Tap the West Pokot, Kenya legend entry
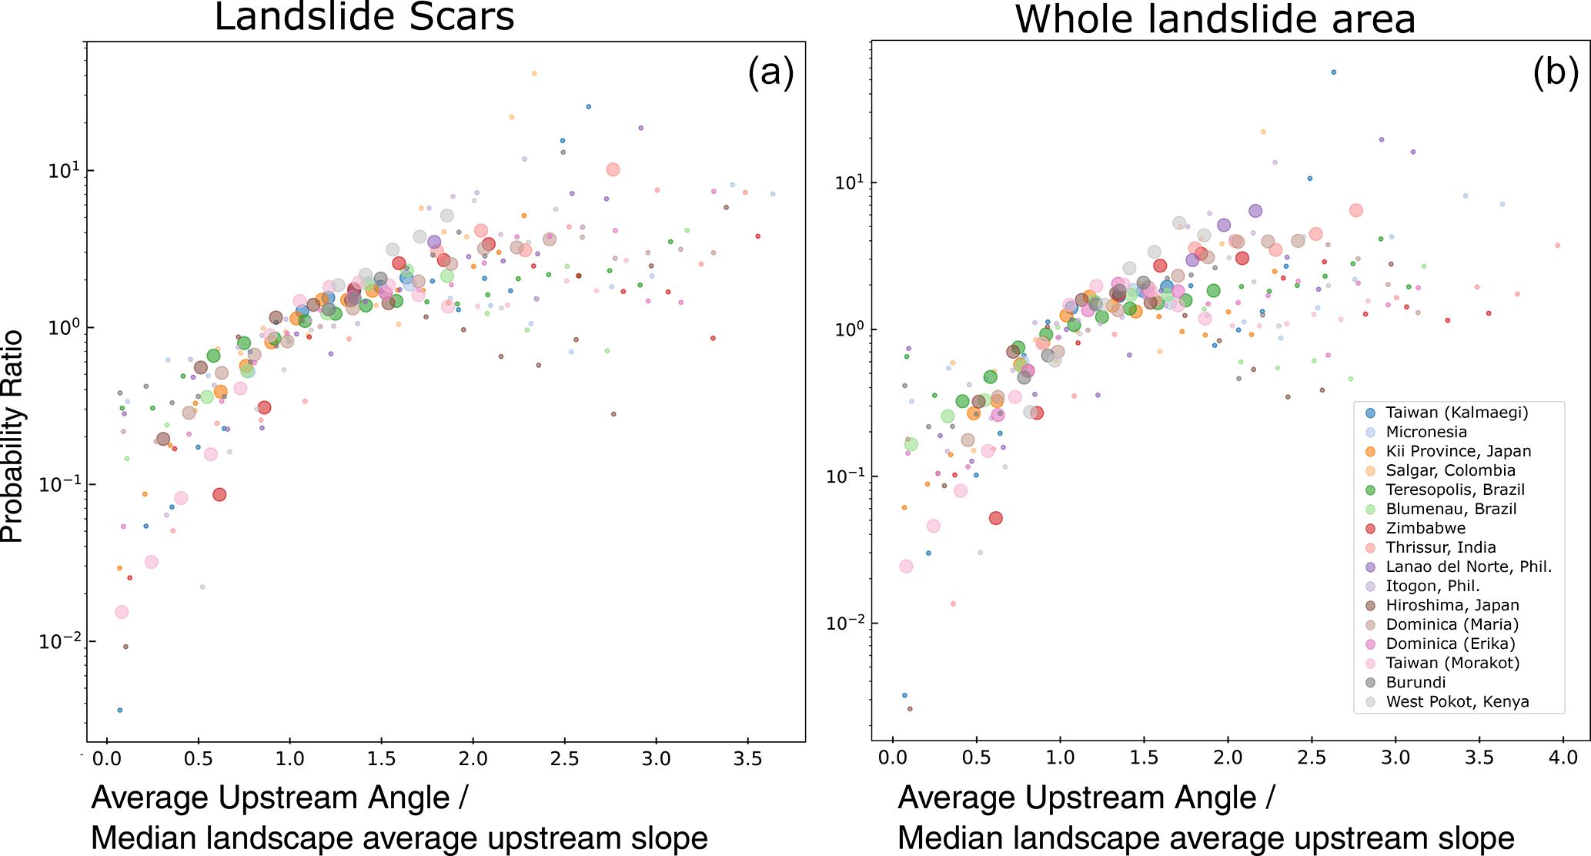tap(1457, 701)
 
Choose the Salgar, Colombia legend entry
tap(1450, 470)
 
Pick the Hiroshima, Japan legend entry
tap(1452, 605)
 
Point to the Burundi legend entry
tap(1416, 682)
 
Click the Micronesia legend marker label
tap(1426, 432)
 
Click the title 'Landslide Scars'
tap(364, 17)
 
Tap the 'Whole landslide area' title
tap(1215, 18)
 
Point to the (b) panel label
tap(1556, 73)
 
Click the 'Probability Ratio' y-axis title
tap(13, 436)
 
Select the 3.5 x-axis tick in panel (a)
tap(747, 760)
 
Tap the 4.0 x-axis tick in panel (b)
tap(1563, 757)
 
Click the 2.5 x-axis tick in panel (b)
tap(1312, 757)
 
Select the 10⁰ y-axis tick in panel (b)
tap(848, 329)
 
